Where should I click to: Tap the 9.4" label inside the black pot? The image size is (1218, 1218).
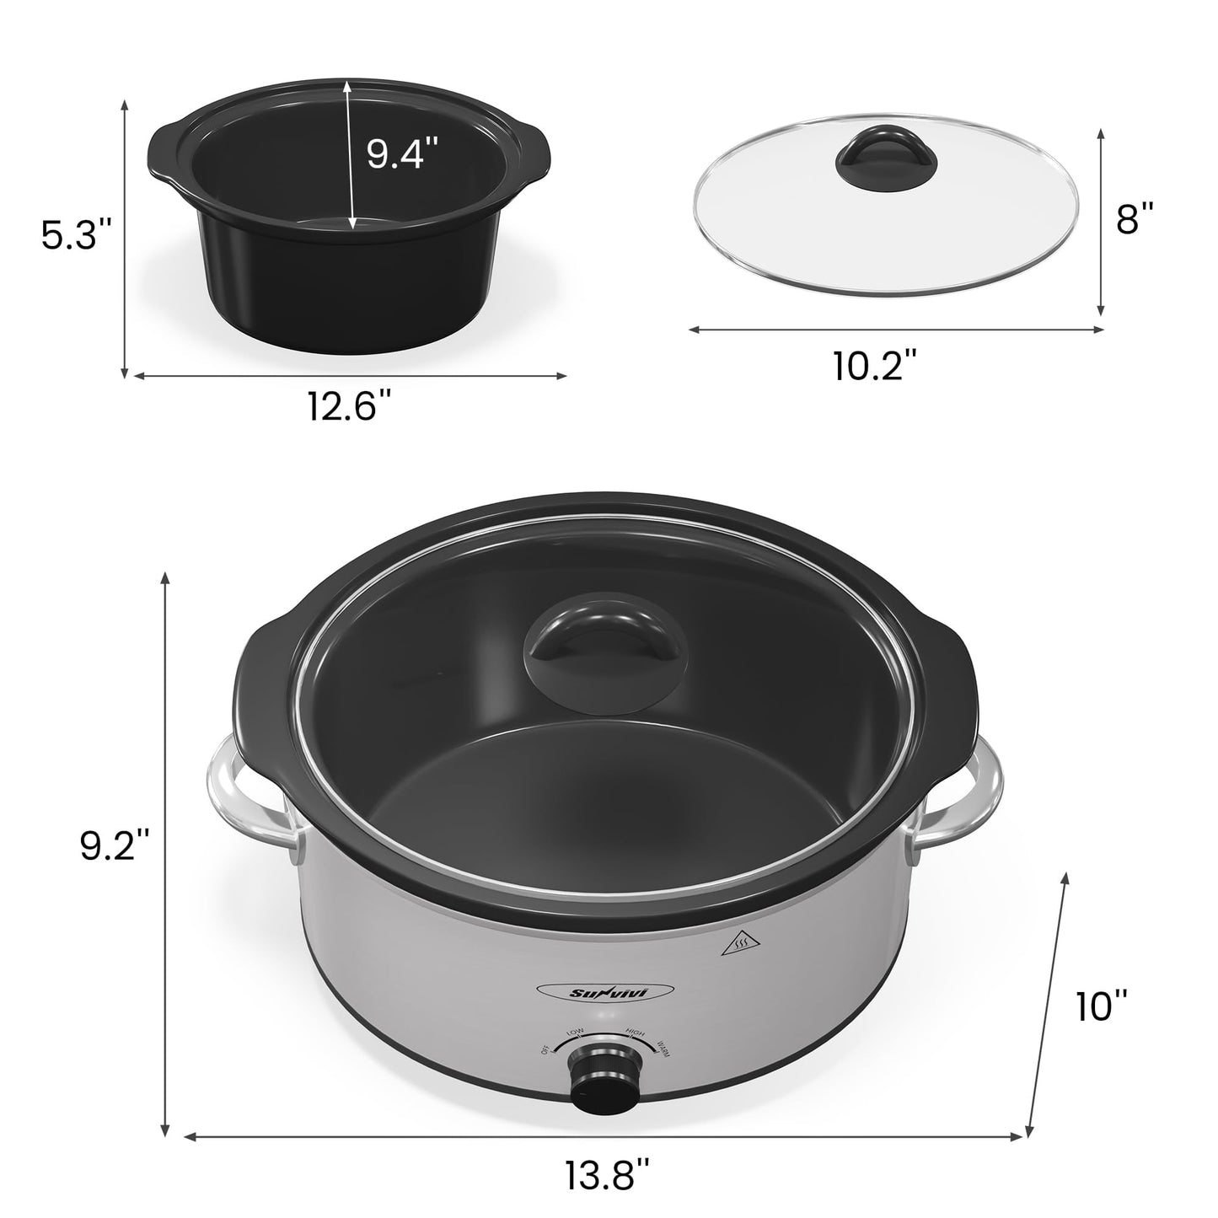[402, 154]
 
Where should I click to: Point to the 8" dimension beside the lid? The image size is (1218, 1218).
[1134, 221]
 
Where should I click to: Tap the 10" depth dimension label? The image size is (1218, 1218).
[1102, 1006]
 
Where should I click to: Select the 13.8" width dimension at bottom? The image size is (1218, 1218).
[607, 1174]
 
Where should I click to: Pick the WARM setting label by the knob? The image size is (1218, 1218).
[660, 1048]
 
